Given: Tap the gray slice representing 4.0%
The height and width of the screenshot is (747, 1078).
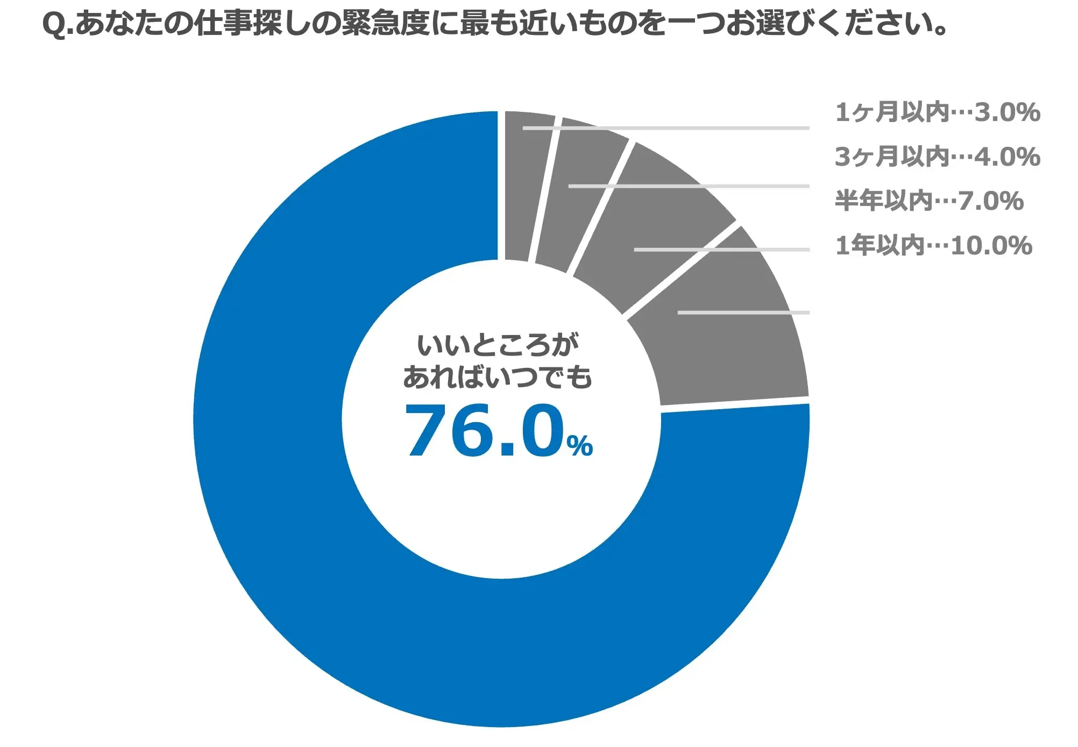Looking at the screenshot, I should (581, 199).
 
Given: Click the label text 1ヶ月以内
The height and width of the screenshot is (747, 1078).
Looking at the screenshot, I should (892, 112).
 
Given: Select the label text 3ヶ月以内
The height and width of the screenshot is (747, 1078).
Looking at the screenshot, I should (892, 157).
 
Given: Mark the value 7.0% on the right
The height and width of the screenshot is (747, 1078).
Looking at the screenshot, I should (990, 201).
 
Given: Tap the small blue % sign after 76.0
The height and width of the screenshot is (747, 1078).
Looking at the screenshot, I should (579, 445).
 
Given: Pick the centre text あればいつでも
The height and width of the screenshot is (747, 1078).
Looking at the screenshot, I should (498, 377).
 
